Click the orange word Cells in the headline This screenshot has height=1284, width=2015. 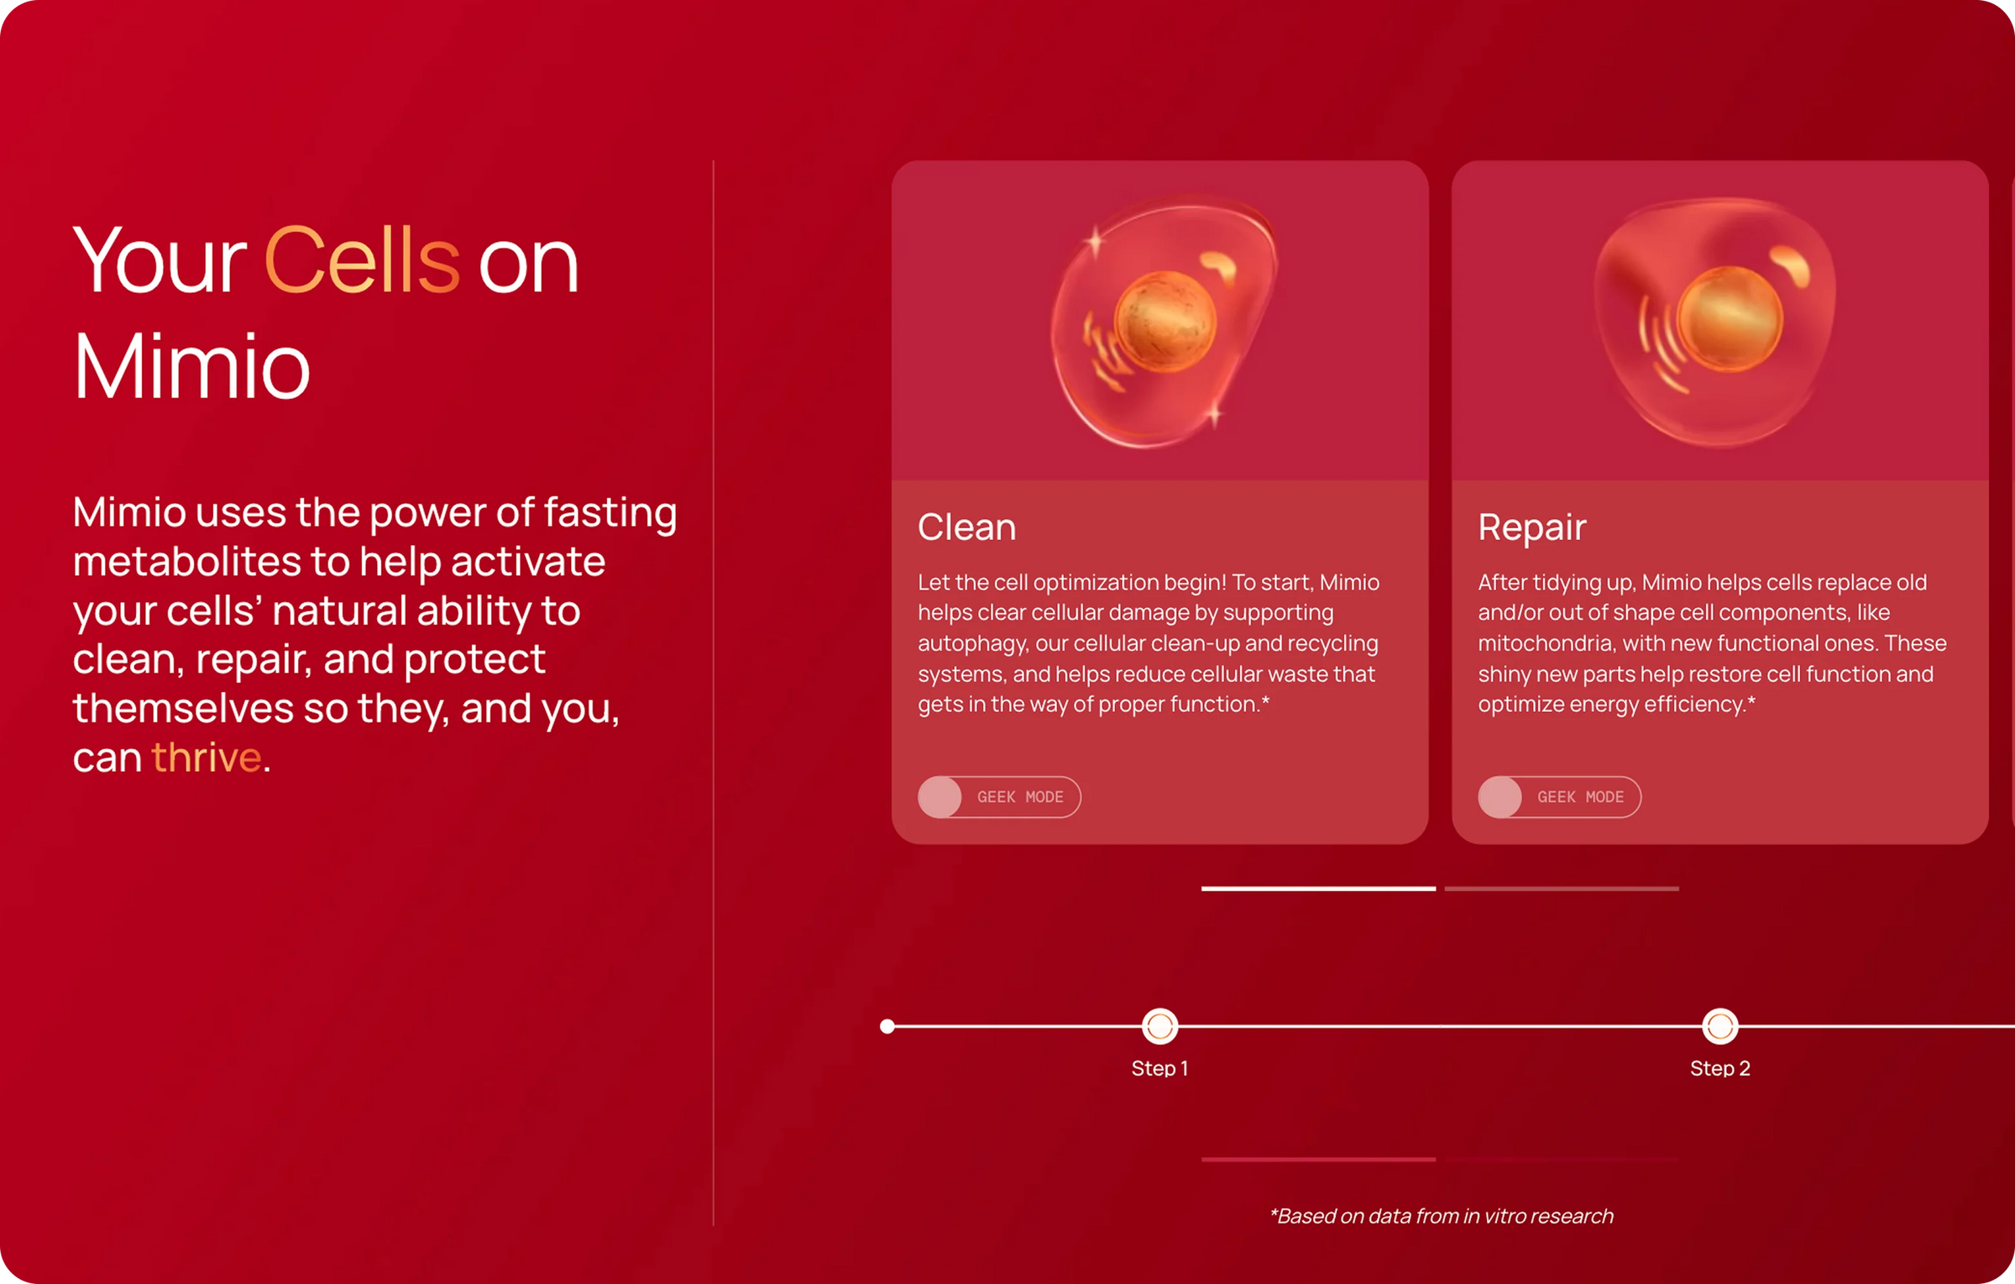362,261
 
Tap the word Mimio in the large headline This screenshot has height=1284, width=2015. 192,367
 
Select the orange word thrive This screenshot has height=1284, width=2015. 207,757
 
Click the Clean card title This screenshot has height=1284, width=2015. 966,527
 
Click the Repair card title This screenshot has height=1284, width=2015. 1531,527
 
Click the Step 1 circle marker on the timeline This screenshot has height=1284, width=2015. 1159,1026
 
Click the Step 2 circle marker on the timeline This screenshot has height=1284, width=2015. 1719,1026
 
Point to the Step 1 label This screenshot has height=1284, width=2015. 1159,1068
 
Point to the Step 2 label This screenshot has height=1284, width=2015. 1719,1068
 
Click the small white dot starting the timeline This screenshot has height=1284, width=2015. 887,1026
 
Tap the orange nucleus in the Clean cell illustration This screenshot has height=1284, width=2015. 1165,322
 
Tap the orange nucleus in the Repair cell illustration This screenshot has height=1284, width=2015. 1730,319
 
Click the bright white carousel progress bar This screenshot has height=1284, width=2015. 1318,888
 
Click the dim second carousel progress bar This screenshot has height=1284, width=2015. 1562,888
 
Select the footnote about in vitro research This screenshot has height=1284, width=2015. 1441,1216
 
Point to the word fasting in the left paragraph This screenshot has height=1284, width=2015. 610,512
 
